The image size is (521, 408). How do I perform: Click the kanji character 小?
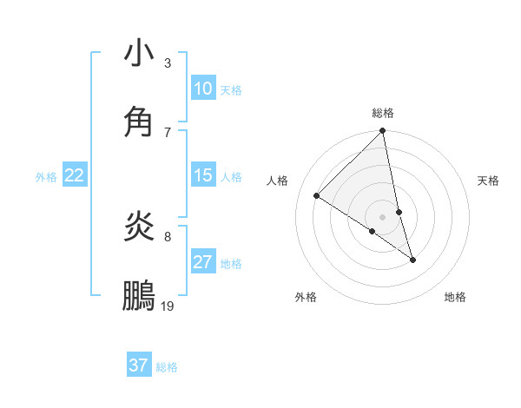(139, 54)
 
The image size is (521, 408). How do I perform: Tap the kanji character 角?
(139, 122)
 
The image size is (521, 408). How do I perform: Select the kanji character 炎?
(139, 227)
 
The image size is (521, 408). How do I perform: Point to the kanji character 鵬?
(139, 296)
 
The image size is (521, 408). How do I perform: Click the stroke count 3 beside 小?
(167, 63)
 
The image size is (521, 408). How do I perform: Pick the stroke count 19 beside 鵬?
(168, 306)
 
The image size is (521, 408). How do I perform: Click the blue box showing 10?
(203, 89)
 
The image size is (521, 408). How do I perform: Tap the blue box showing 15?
(203, 175)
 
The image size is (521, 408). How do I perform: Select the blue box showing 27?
(203, 262)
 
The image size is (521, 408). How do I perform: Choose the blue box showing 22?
(75, 175)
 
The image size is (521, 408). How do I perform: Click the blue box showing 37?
(139, 365)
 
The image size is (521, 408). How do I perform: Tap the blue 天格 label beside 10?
(231, 90)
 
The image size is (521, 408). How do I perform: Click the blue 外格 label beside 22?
(46, 177)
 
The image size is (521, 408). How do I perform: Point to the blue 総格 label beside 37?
(167, 367)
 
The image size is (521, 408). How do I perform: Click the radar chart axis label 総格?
(383, 113)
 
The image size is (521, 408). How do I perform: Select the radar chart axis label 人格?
(278, 181)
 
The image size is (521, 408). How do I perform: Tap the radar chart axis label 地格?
(455, 297)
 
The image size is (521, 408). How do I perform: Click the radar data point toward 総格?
(383, 132)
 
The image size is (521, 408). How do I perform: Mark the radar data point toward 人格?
(317, 195)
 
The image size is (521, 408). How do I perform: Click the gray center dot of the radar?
(383, 216)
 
